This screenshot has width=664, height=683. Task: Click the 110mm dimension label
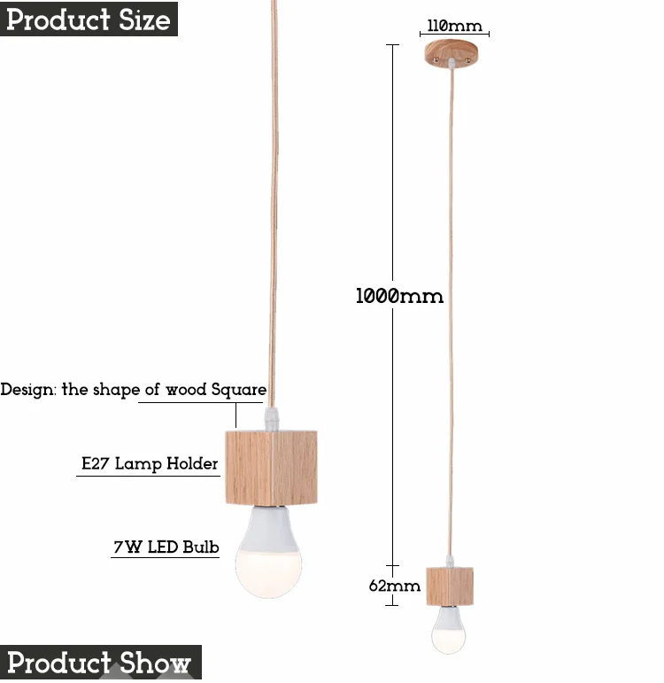[454, 26]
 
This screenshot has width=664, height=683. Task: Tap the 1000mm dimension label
[399, 296]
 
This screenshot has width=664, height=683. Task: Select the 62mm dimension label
[395, 586]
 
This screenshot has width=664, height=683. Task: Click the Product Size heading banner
[89, 19]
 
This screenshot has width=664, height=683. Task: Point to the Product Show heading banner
[101, 662]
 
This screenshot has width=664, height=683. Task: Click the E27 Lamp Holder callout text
[150, 463]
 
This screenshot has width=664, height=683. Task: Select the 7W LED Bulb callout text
[166, 547]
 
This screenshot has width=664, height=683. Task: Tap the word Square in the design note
[239, 390]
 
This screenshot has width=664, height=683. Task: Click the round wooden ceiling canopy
[452, 52]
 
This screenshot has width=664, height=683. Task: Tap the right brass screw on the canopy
[467, 59]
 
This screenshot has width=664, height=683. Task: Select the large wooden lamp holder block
[271, 468]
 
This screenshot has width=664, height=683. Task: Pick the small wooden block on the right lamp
[450, 586]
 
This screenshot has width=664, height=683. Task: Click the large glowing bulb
[268, 552]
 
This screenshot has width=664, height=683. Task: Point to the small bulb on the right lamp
[449, 630]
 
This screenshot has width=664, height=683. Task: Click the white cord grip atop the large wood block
[271, 419]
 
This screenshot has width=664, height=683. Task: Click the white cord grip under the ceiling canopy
[452, 64]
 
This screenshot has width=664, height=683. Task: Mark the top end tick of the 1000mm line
[392, 45]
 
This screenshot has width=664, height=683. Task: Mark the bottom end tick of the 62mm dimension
[392, 605]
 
